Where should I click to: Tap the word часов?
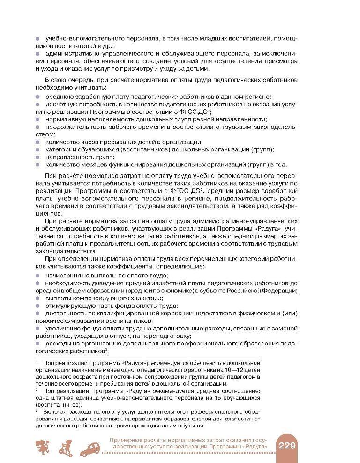[89, 142]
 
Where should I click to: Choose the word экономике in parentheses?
[156, 291]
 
